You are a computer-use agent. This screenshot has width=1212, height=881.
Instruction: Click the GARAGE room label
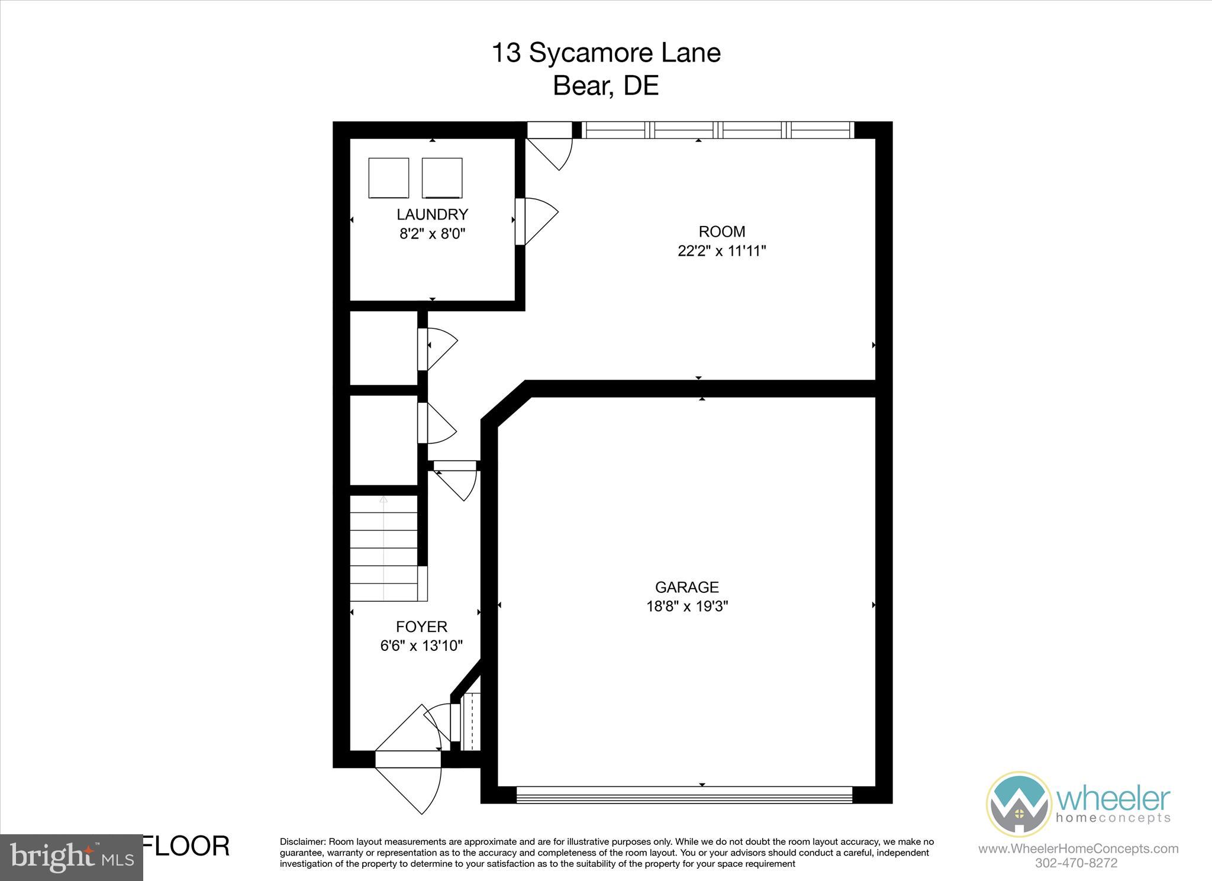point(686,587)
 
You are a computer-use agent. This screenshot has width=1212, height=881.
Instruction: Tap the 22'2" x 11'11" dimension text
point(721,251)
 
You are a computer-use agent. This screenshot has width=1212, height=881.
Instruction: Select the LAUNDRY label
point(432,214)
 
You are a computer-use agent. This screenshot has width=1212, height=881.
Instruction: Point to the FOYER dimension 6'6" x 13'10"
point(421,646)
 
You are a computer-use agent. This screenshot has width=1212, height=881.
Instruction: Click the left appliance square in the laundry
point(389,178)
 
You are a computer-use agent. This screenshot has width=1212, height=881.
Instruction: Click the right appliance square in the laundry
point(442,178)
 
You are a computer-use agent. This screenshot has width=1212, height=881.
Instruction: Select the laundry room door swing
point(537,221)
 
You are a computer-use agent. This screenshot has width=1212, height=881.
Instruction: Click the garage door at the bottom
point(684,794)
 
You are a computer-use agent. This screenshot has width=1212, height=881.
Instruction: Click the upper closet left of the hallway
point(383,348)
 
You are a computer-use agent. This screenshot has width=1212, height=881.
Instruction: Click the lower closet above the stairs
point(383,440)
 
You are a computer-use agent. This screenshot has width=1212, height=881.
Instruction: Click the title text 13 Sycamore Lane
point(606,53)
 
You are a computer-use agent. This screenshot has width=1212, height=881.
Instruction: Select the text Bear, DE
point(605,86)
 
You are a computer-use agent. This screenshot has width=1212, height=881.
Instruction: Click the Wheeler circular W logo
point(1018,803)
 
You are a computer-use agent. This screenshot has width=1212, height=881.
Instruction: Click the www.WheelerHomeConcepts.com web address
point(1078,848)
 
